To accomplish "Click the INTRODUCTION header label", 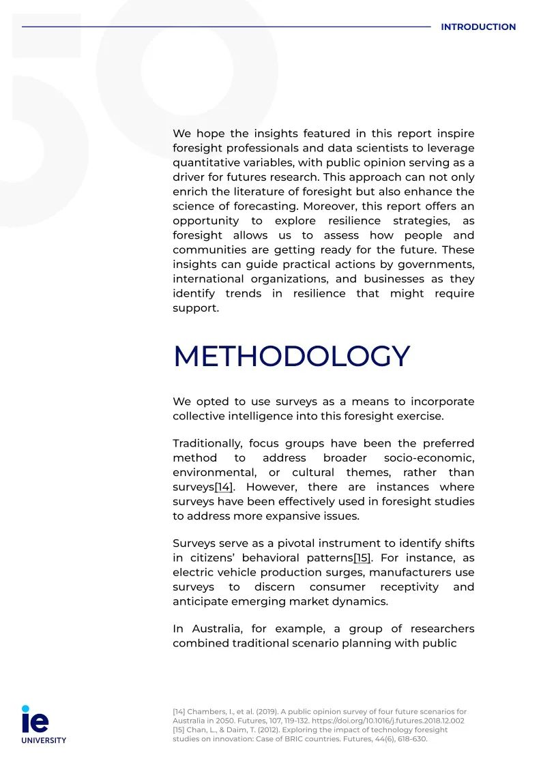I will coord(478,27).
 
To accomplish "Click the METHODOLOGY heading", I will coord(291,357).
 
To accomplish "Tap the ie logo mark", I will coord(35,720).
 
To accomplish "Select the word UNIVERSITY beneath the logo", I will coord(44,740).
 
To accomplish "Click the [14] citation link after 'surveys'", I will coord(224,487).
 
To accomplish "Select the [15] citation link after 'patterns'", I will coord(362,558).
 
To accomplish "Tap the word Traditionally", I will coord(205,443).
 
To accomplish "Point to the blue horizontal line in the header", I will coord(225,27).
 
